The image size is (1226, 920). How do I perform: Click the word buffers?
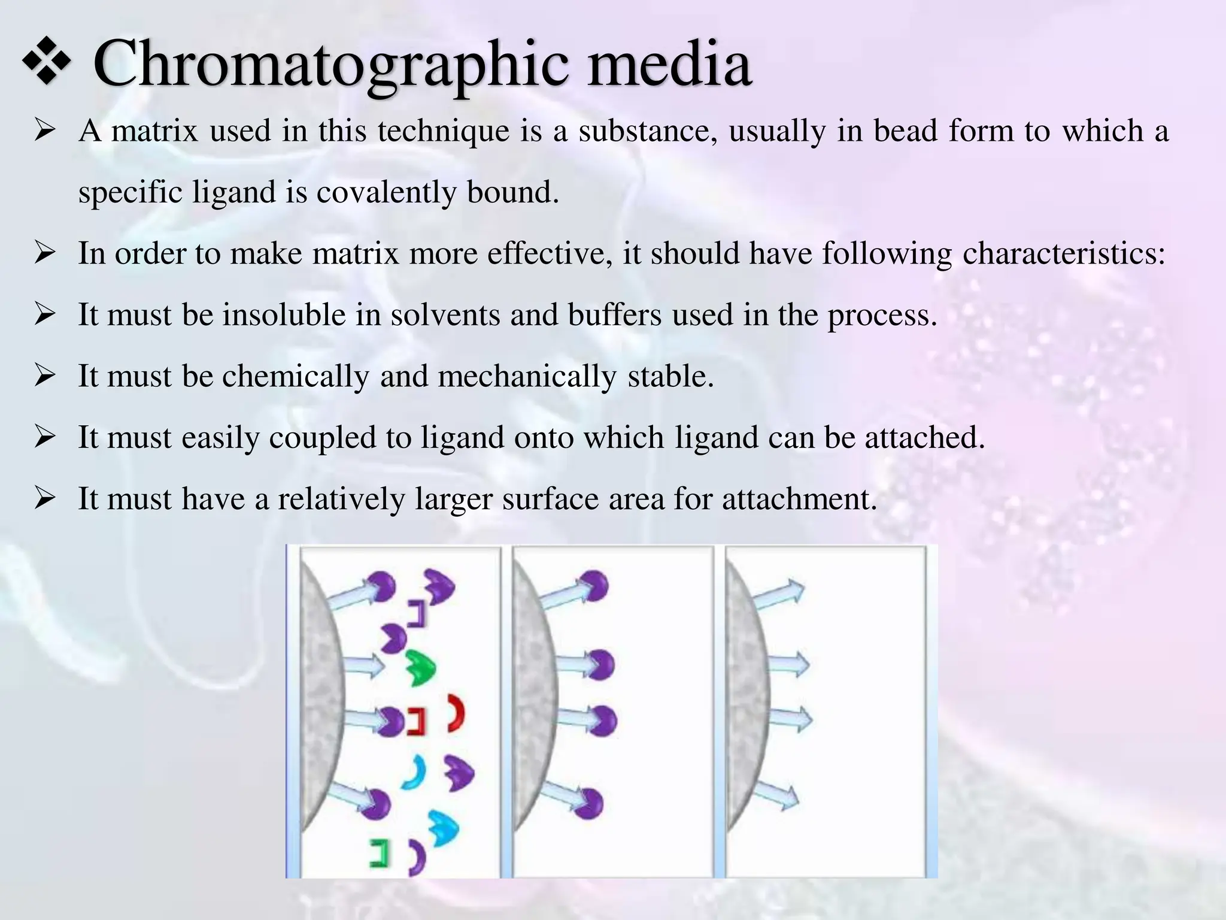coord(615,315)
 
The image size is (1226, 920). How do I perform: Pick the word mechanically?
coord(527,376)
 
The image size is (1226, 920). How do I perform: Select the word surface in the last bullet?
coord(550,499)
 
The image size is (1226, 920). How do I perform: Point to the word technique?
coord(443,131)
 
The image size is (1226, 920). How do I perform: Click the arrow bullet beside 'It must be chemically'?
coord(45,376)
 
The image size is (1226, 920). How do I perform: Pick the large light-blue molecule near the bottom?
coord(444,828)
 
